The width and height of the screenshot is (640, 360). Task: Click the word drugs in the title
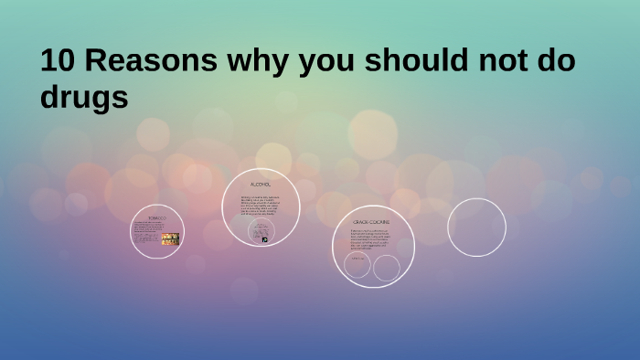tap(84, 98)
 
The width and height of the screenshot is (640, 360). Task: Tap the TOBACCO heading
tap(157, 217)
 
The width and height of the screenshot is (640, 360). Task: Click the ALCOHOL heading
tap(261, 185)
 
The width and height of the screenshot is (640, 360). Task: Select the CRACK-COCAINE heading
tap(372, 222)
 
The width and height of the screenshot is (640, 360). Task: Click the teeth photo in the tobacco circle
tap(170, 239)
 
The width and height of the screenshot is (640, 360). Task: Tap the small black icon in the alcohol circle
tap(265, 239)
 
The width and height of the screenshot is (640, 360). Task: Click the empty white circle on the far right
tap(476, 227)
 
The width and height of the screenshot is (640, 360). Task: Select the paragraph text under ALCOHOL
tap(261, 206)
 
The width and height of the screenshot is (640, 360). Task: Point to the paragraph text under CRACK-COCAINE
tap(373, 239)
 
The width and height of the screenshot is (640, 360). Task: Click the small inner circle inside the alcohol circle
tap(261, 230)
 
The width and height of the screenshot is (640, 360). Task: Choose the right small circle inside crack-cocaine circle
tap(387, 268)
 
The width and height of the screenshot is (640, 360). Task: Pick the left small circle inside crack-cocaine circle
tap(357, 265)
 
